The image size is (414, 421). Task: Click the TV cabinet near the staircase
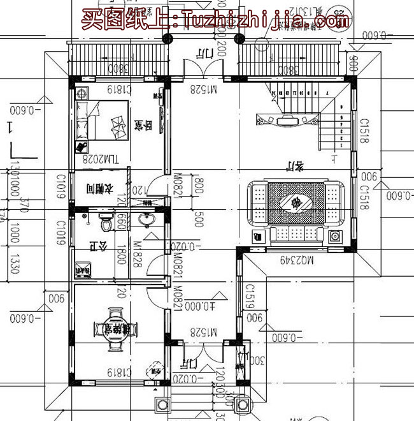pyautogui.click(x=287, y=119)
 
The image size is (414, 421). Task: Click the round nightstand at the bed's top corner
pyautogui.click(x=81, y=92)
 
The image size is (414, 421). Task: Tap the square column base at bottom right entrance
pyautogui.click(x=243, y=404)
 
